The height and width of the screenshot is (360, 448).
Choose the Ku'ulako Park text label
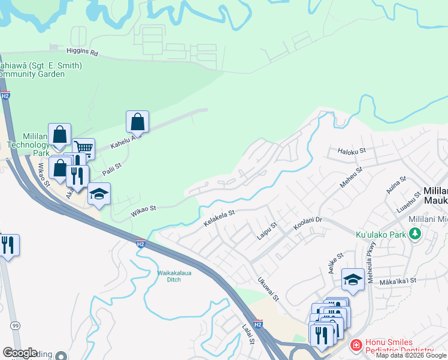(382, 235)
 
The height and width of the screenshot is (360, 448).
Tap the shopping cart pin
(84, 148)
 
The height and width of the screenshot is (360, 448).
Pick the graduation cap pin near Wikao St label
(99, 194)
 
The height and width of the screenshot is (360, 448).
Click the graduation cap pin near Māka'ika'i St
(353, 280)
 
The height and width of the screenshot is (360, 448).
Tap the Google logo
(20, 353)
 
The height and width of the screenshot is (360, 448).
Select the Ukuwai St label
(268, 289)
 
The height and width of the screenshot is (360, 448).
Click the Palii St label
(116, 166)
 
